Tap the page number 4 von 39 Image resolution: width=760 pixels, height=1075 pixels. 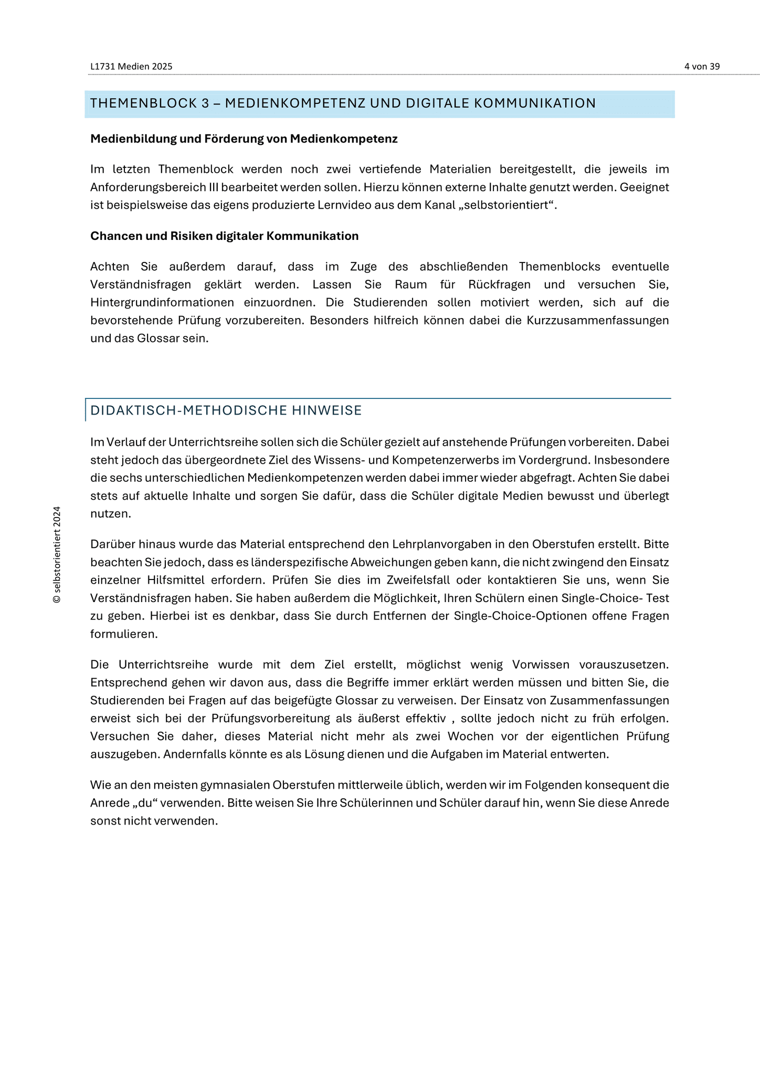tap(702, 67)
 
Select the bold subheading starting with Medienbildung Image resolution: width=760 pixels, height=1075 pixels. tap(244, 139)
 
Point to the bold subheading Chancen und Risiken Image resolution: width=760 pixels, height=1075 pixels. tap(224, 236)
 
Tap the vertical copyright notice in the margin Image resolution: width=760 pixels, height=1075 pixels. tap(57, 555)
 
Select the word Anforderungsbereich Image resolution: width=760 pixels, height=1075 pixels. tap(145, 187)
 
